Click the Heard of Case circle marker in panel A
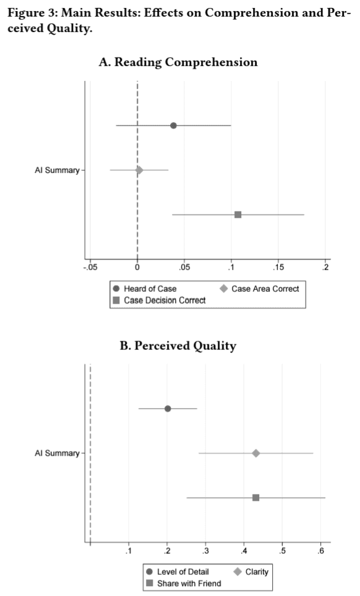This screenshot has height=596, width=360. [173, 126]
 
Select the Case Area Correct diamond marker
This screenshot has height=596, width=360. [139, 170]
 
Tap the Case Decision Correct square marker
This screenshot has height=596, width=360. [238, 215]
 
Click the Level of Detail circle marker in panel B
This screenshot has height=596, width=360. [168, 409]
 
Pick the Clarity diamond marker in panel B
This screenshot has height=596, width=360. [256, 453]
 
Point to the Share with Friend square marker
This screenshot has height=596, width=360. [256, 498]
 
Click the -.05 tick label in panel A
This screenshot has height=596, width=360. [90, 268]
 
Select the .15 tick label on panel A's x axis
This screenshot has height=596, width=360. [278, 268]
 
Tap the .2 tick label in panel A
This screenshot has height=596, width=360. [325, 268]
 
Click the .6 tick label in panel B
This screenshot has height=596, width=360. [321, 551]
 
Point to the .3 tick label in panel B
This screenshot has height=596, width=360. [205, 551]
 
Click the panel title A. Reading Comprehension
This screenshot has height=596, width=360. [178, 62]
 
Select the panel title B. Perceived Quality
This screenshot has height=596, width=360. [178, 346]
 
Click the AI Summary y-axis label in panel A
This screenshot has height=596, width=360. [57, 170]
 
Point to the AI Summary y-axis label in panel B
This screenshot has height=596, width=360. [57, 453]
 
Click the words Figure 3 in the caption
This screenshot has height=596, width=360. [32, 14]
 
